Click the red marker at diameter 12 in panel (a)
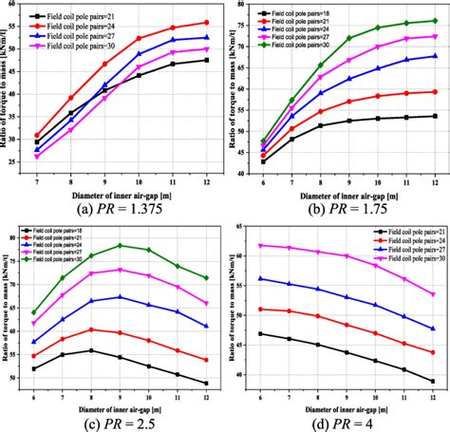[206, 23]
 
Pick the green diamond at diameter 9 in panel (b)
[349, 38]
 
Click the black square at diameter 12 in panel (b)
[436, 116]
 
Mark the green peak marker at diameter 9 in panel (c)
[120, 246]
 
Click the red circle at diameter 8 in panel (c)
[91, 329]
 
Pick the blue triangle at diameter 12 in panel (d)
[433, 329]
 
